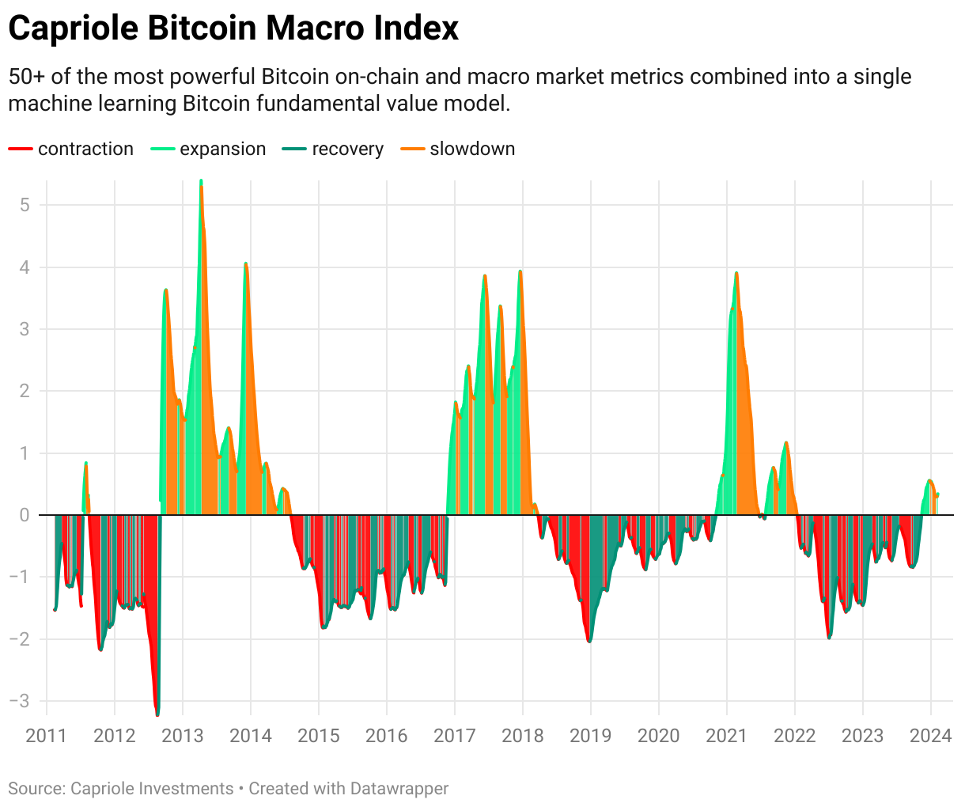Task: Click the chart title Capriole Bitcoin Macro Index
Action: pyautogui.click(x=233, y=28)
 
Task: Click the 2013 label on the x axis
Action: pyautogui.click(x=183, y=736)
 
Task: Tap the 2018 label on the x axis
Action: pyautogui.click(x=523, y=736)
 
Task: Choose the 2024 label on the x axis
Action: pyautogui.click(x=930, y=736)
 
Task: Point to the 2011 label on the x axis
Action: pyautogui.click(x=47, y=736)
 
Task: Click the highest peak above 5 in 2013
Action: pyautogui.click(x=201, y=182)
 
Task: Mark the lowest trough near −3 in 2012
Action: pyautogui.click(x=157, y=713)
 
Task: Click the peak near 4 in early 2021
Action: pyautogui.click(x=736, y=273)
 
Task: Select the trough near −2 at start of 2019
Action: pyautogui.click(x=589, y=640)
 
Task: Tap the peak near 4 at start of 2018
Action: pyautogui.click(x=520, y=271)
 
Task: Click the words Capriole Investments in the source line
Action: pyautogui.click(x=152, y=789)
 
